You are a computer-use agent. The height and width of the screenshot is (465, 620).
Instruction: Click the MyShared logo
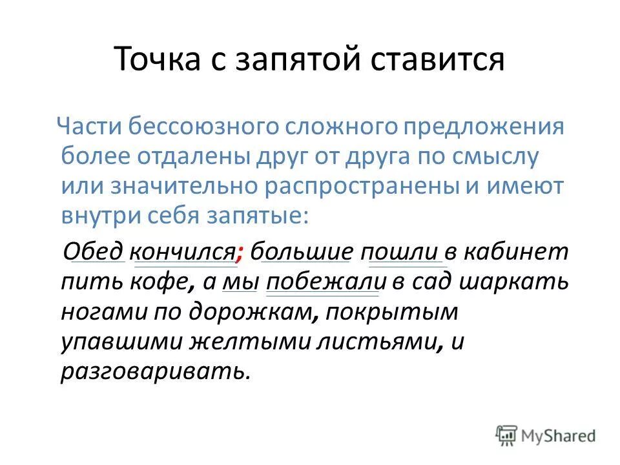click(546, 435)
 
